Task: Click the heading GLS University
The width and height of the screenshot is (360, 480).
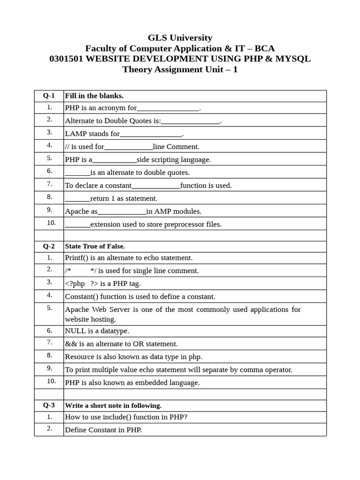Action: pyautogui.click(x=180, y=37)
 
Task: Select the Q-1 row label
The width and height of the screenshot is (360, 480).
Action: pyautogui.click(x=49, y=96)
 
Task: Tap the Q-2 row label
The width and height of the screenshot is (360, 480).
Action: pyautogui.click(x=49, y=246)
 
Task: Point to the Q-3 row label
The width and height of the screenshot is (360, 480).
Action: pyautogui.click(x=49, y=405)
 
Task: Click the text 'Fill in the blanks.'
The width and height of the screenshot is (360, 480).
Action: pyautogui.click(x=94, y=96)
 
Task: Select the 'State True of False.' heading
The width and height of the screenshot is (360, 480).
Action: pyautogui.click(x=95, y=246)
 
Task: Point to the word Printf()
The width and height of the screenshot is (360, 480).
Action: pyautogui.click(x=76, y=258)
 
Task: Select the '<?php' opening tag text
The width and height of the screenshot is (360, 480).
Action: pyautogui.click(x=75, y=284)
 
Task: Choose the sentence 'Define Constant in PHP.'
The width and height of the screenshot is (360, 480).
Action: pyautogui.click(x=103, y=430)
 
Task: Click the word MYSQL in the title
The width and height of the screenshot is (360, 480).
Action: pyautogui.click(x=293, y=59)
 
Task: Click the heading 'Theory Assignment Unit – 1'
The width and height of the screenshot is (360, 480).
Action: pyautogui.click(x=180, y=70)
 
